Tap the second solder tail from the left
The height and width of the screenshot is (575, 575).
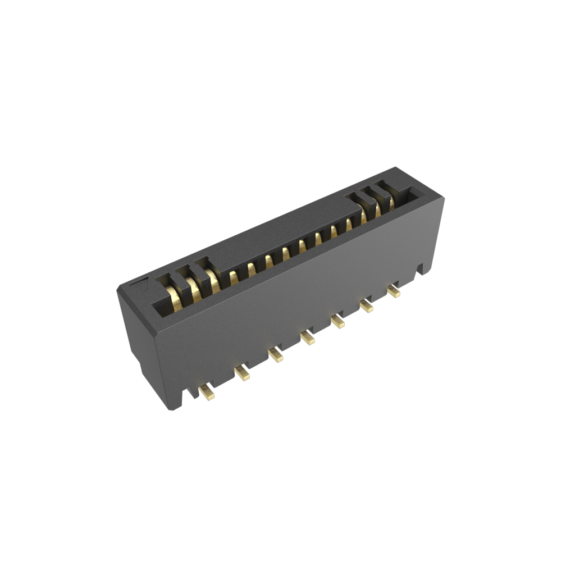coord(242,373)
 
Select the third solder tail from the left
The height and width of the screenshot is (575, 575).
coord(275,355)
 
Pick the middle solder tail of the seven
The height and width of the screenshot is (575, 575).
coord(307,337)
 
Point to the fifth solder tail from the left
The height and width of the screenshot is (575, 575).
coord(337,321)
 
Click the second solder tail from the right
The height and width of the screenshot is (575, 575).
coord(366,306)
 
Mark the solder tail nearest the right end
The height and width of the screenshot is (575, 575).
coord(394,291)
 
